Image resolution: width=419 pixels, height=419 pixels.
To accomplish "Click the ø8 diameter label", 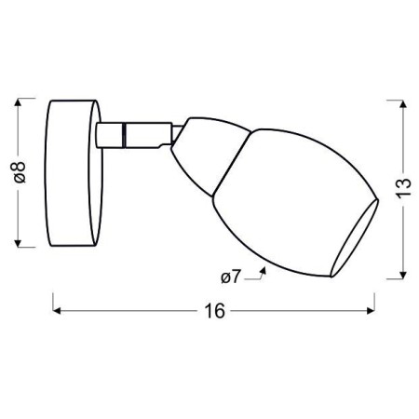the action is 20,172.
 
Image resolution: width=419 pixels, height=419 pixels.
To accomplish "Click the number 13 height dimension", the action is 403,187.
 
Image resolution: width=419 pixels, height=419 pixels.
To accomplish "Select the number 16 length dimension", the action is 214,311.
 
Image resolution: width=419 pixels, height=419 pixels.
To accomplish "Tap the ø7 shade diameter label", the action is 231,277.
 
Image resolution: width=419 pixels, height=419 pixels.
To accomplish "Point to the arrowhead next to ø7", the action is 264,269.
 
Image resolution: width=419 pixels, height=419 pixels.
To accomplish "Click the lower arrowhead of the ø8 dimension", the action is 18,243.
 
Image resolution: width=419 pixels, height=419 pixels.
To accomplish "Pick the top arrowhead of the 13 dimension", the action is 403,104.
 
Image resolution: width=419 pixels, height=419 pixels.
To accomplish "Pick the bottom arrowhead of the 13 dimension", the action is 403,275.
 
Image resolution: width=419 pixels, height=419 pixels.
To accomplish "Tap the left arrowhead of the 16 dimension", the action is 57,310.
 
